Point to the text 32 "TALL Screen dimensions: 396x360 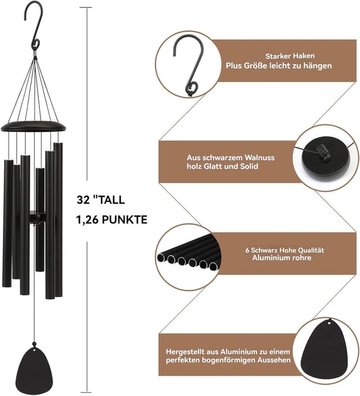point(101,200)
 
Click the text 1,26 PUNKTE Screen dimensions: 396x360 point(111,220)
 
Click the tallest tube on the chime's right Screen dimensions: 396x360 point(58,219)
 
